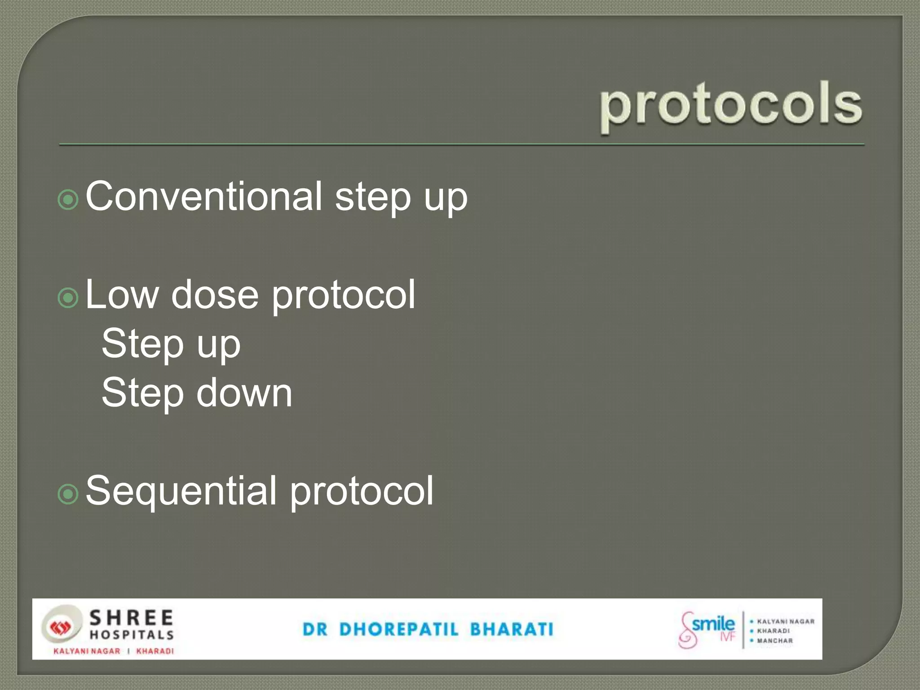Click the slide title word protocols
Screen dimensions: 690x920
tap(731, 106)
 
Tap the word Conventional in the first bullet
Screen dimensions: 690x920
tap(203, 196)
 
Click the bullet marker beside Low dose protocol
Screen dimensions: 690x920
tap(68, 297)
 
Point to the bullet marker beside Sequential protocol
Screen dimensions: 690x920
tap(68, 494)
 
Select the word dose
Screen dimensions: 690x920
tap(215, 295)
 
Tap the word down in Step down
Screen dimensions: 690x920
tap(244, 393)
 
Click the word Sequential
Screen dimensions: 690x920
tap(181, 491)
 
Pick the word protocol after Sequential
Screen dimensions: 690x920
tap(362, 491)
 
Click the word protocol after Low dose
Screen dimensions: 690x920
tap(344, 295)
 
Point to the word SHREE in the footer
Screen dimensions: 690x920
tap(131, 618)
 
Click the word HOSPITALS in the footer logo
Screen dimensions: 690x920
tap(132, 635)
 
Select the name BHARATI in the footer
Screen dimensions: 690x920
tap(512, 629)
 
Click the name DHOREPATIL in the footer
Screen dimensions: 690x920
tap(399, 629)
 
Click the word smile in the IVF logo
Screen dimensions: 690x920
tap(713, 624)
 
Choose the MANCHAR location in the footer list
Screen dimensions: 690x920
tap(775, 641)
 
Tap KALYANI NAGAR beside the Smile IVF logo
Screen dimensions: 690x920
tap(785, 622)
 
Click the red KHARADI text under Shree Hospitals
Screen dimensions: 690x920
tap(155, 651)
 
